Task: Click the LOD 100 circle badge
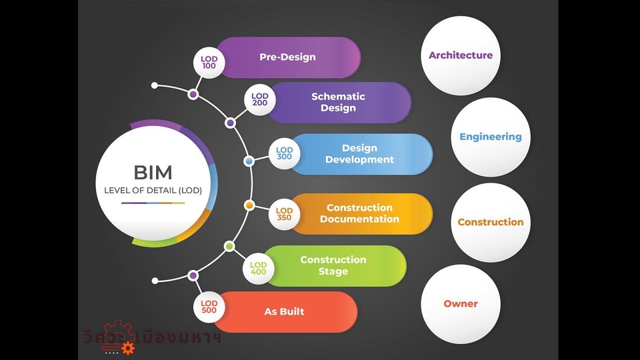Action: [209, 63]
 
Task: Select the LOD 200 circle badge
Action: [260, 100]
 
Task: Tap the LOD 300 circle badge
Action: [285, 154]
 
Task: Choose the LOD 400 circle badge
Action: [258, 269]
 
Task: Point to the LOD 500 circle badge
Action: [209, 307]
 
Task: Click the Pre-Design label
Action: [287, 57]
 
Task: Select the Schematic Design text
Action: [338, 102]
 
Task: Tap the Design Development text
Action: [359, 154]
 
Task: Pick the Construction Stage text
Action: [333, 265]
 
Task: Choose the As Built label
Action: [284, 311]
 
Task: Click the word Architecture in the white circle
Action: [461, 55]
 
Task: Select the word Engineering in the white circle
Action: [491, 137]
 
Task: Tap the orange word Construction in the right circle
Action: [491, 222]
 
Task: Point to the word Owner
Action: [461, 303]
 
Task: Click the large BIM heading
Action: [153, 173]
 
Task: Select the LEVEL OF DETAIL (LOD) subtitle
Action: [153, 191]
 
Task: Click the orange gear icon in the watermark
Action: [127, 347]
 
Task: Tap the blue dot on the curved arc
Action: [249, 161]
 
